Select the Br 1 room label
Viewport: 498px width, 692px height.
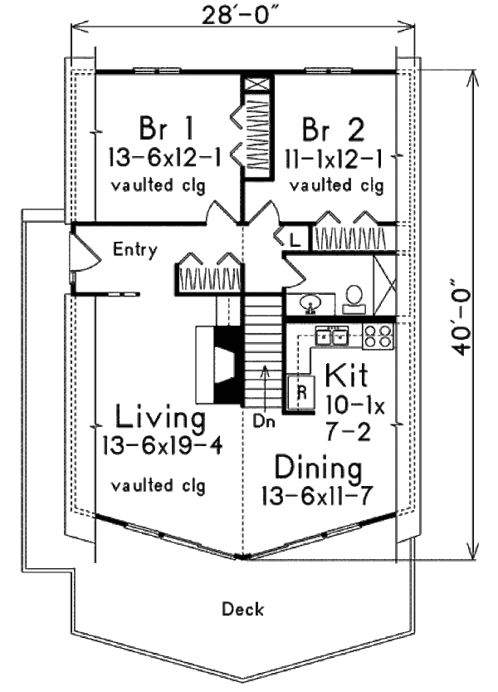pos(166,129)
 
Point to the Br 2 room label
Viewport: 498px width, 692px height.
pos(332,129)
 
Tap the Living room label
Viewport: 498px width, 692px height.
pos(160,415)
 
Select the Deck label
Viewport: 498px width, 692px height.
pos(243,610)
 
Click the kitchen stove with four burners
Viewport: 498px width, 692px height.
pos(378,336)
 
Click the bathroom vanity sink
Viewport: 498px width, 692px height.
pos(309,302)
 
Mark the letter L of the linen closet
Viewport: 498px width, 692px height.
pos(295,240)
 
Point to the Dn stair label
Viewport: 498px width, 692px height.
pos(265,420)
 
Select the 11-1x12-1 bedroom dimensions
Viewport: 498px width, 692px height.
pos(332,155)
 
